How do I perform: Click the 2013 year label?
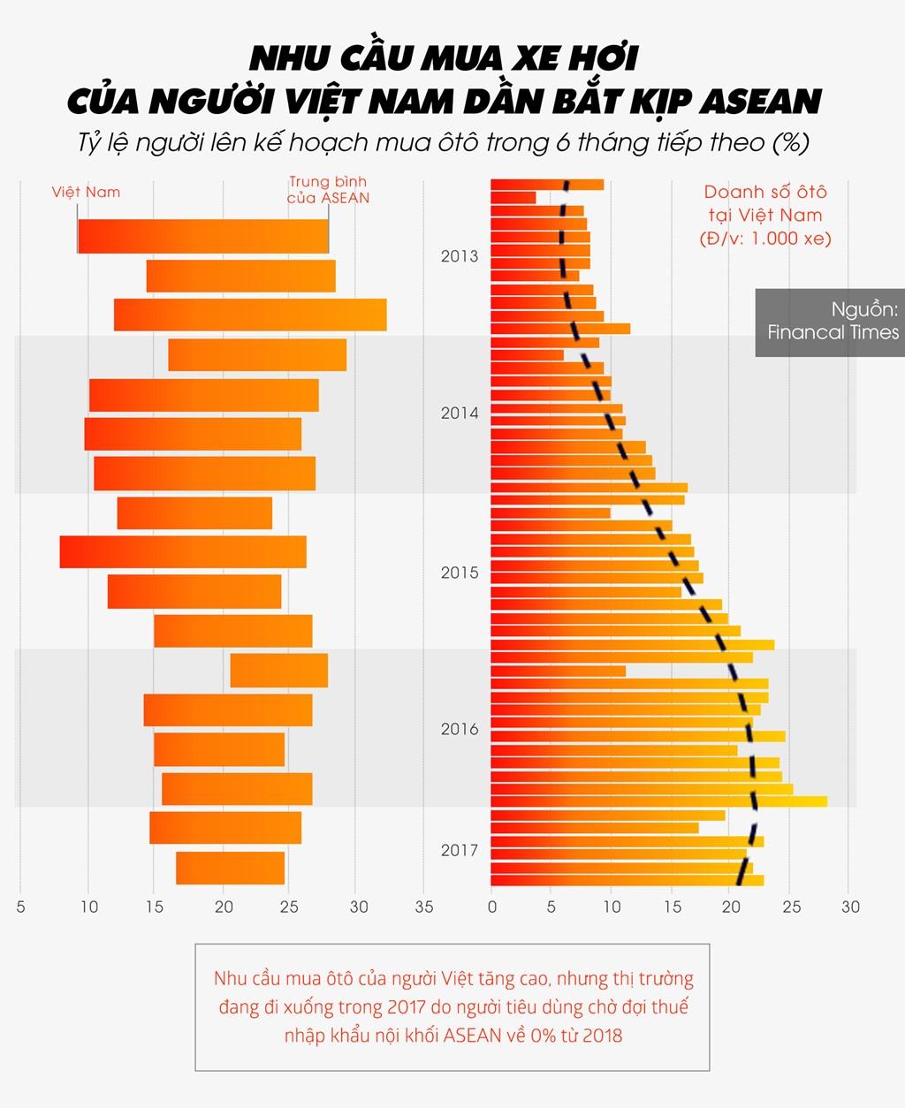click(459, 256)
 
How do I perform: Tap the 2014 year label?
click(459, 414)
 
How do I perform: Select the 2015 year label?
click(459, 573)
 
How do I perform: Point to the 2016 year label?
click(459, 729)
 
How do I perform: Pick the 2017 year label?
click(459, 850)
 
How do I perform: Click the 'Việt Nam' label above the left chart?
click(86, 192)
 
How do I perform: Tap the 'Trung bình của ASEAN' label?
click(328, 190)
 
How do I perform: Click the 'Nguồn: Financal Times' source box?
click(830, 322)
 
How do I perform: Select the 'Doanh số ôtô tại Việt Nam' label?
click(765, 215)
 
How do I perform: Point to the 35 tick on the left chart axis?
click(424, 907)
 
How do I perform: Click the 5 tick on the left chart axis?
click(21, 907)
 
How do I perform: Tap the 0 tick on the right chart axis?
click(492, 907)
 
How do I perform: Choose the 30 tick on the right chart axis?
click(849, 907)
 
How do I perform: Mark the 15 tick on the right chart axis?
click(673, 907)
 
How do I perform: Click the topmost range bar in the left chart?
click(202, 236)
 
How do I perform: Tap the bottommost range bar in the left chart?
click(230, 868)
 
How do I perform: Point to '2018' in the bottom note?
click(603, 1035)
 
